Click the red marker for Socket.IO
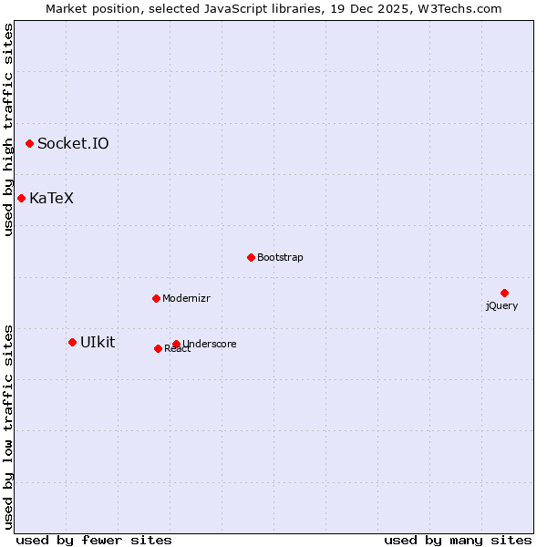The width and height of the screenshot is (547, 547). [x=29, y=143]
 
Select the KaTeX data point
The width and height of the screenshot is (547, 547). [x=21, y=198]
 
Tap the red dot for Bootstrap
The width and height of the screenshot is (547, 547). [x=251, y=257]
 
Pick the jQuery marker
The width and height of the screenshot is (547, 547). [x=504, y=293]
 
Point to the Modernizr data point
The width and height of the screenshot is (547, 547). [x=156, y=298]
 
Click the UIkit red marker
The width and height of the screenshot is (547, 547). [x=72, y=342]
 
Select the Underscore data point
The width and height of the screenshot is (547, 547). [x=176, y=344]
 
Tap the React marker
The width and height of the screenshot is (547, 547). [x=158, y=348]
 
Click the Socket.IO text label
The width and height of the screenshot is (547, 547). [x=73, y=143]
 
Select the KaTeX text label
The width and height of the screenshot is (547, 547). [x=51, y=198]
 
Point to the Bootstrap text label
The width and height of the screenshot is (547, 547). [x=280, y=257]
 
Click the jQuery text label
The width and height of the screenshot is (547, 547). [x=501, y=305]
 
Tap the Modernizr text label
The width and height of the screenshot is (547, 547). [x=186, y=298]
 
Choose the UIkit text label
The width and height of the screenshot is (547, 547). [x=98, y=342]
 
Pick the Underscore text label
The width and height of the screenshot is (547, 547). [x=210, y=344]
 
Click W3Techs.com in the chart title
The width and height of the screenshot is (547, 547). [x=460, y=8]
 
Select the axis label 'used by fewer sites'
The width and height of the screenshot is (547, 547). [x=94, y=540]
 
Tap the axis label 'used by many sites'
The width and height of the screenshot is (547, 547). [x=458, y=540]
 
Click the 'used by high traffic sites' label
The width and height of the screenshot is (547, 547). [x=8, y=130]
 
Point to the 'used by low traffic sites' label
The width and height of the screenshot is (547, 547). [x=8, y=427]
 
